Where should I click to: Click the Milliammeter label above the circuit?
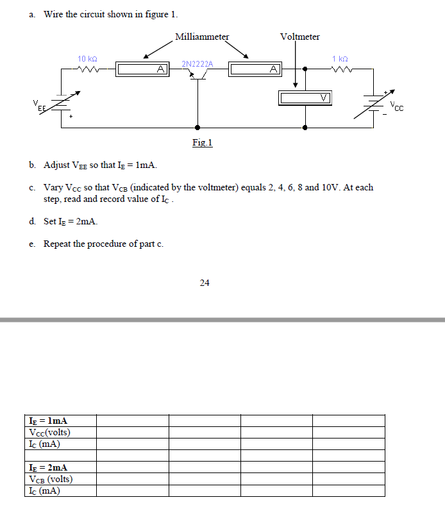(x=202, y=37)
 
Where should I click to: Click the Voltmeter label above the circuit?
(x=299, y=37)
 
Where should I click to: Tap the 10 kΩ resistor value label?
(x=87, y=59)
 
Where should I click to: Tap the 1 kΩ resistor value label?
(x=340, y=59)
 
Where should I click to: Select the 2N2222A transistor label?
(x=197, y=63)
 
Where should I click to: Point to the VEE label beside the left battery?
(x=40, y=106)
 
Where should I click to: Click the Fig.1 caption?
(x=202, y=142)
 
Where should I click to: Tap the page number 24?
(x=205, y=282)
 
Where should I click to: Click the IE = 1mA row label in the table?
(x=49, y=421)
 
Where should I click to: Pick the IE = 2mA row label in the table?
(x=49, y=468)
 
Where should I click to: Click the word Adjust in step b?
(x=57, y=165)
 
